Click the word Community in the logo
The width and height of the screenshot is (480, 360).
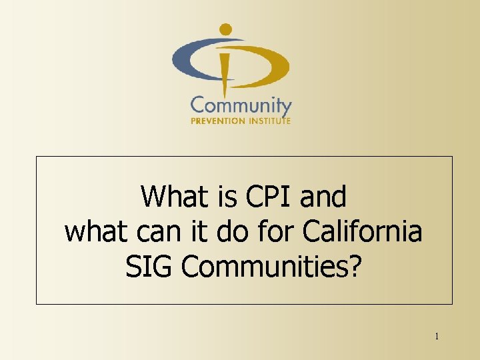pyautogui.click(x=241, y=107)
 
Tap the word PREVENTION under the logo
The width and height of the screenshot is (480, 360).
pyautogui.click(x=215, y=121)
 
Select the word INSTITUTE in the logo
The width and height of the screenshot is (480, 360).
pyautogui.click(x=266, y=121)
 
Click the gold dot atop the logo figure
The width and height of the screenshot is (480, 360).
pyautogui.click(x=226, y=29)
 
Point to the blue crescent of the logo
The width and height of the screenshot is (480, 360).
pyautogui.click(x=193, y=58)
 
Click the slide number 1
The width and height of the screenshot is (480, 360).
pyautogui.click(x=437, y=336)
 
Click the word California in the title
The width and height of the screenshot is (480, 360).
pyautogui.click(x=362, y=232)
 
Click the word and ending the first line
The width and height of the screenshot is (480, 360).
pyautogui.click(x=324, y=197)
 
